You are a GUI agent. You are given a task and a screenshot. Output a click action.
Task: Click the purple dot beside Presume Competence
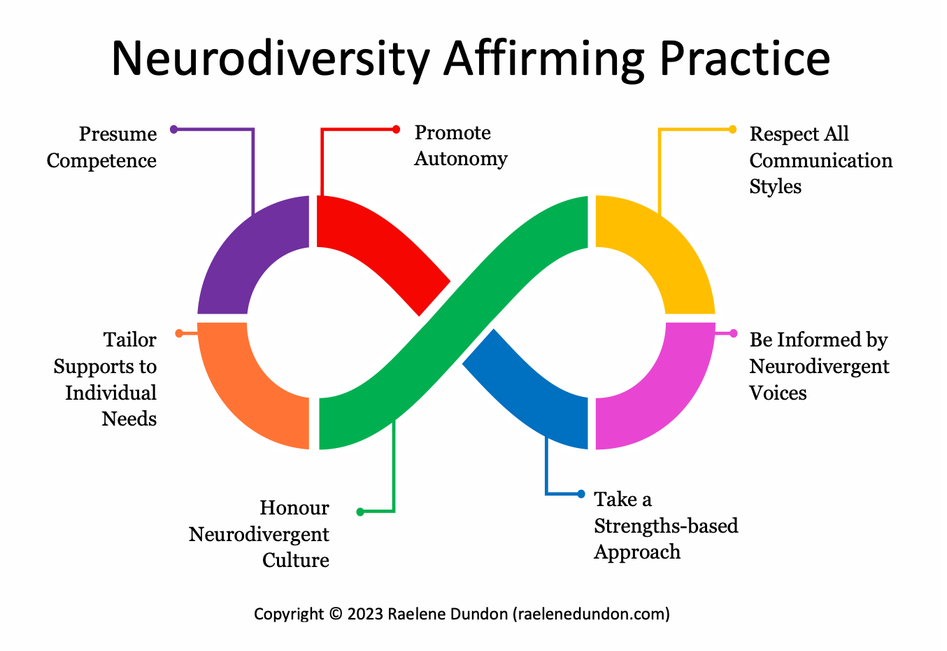pyautogui.click(x=174, y=129)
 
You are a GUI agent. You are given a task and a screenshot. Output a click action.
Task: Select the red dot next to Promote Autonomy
pyautogui.click(x=396, y=129)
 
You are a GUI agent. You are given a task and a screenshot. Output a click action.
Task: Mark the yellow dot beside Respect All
pyautogui.click(x=732, y=129)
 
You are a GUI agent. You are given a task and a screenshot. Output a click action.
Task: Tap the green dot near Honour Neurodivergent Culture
pyautogui.click(x=360, y=512)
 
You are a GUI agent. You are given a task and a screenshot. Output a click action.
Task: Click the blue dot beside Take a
pyautogui.click(x=581, y=494)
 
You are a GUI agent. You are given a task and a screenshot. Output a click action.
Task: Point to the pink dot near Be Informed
pyautogui.click(x=733, y=333)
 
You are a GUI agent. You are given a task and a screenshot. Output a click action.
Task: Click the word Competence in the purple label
pyautogui.click(x=101, y=161)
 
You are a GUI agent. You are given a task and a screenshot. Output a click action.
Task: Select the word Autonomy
pyautogui.click(x=461, y=159)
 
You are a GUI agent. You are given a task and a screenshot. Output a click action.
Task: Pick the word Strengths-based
pyautogui.click(x=666, y=526)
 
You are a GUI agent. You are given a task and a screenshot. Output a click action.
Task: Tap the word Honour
pyautogui.click(x=294, y=507)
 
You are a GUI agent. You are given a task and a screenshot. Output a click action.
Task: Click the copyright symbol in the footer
pyautogui.click(x=335, y=614)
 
